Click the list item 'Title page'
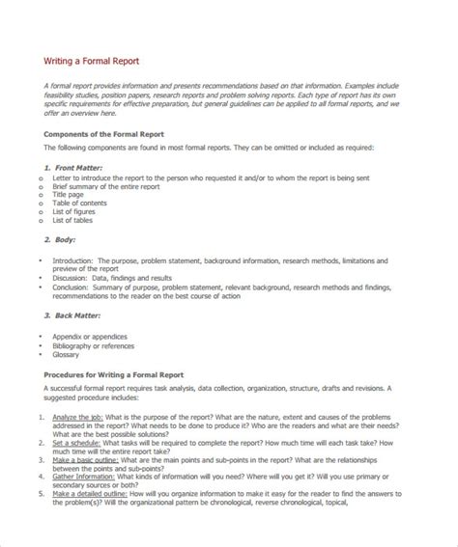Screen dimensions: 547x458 pyautogui.click(x=69, y=194)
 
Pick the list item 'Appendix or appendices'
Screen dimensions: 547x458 pyautogui.click(x=90, y=337)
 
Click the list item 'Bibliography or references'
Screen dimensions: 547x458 pyautogui.click(x=94, y=345)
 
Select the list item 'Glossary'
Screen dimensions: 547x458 pyautogui.click(x=67, y=354)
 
